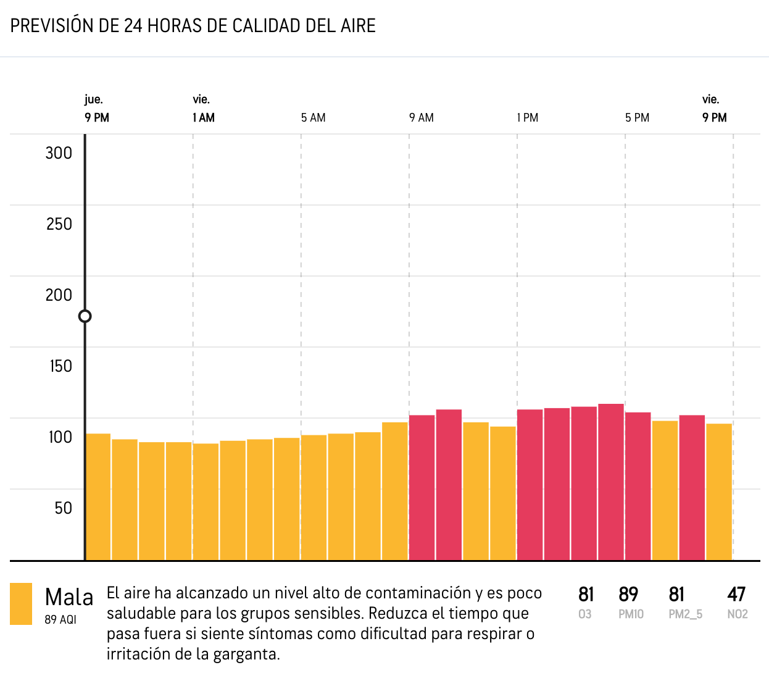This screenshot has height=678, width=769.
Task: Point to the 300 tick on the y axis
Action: pos(59,153)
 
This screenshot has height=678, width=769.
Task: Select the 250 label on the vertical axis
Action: pos(59,224)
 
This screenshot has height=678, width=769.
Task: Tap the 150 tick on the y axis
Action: pos(60,366)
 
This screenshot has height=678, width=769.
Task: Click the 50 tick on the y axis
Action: pos(63,508)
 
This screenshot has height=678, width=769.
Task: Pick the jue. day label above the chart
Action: pos(94,99)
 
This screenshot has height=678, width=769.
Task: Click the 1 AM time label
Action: pos(204,118)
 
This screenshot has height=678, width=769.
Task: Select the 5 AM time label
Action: pos(314,118)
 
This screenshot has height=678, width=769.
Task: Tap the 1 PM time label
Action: pos(528,118)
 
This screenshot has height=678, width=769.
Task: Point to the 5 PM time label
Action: pos(637,118)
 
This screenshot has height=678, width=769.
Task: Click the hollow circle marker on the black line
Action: pos(85,316)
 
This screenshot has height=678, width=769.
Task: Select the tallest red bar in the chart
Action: pos(611,482)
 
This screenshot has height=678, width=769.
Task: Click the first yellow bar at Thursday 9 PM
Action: pos(98,497)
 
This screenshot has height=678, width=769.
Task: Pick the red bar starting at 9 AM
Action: pos(422,488)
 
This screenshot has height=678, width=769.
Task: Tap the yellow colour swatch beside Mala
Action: pos(21,604)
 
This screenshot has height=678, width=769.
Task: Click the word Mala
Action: pos(69,598)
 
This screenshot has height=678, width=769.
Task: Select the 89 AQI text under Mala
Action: pos(60,619)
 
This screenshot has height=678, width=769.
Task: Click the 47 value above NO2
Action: pos(737,595)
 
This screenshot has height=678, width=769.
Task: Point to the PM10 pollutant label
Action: pos(631,614)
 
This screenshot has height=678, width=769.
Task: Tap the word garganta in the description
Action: pos(246,655)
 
